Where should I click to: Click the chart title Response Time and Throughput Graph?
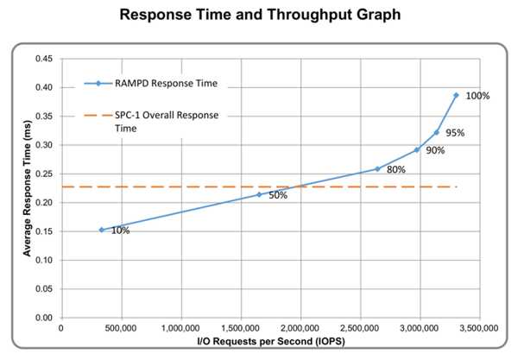259,15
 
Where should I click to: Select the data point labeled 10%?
101,230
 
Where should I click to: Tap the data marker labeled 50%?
258,194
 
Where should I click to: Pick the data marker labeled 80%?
377,169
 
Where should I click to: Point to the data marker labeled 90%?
417,149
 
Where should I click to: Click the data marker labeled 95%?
437,132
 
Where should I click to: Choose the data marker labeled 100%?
457,95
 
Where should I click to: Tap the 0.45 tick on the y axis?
42,59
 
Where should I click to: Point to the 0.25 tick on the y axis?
42,174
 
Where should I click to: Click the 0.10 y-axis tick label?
42,260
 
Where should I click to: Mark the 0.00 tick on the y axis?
42,318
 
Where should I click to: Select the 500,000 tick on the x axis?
120,329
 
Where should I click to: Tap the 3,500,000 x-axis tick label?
477,329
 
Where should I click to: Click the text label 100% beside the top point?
477,96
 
